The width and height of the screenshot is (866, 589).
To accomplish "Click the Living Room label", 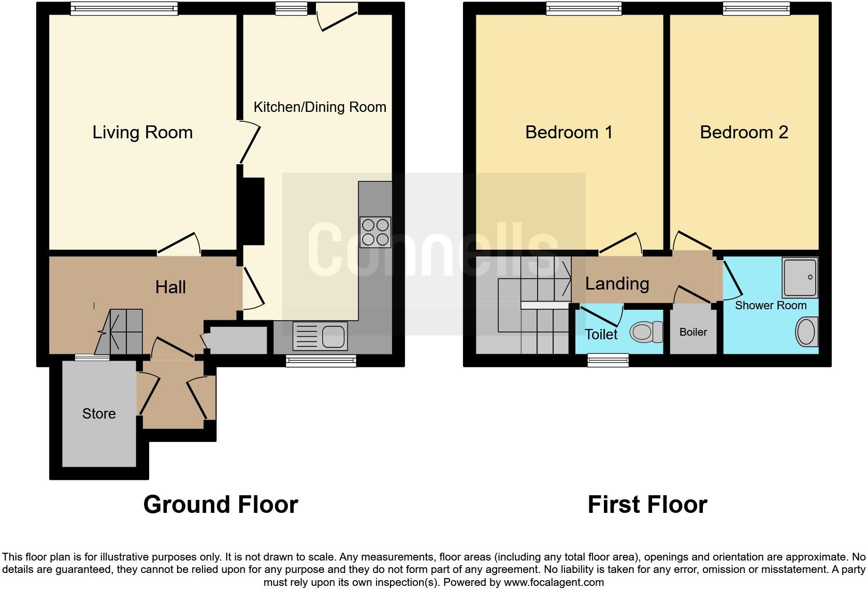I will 142,133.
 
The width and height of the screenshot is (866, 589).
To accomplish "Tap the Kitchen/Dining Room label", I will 320,107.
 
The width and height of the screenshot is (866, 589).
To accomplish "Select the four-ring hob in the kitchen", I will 375,232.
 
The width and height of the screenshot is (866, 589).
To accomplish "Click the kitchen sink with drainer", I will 320,336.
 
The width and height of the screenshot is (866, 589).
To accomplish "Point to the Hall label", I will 170,287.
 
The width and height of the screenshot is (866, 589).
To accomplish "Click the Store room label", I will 98,413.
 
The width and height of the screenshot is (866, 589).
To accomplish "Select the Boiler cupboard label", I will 693,332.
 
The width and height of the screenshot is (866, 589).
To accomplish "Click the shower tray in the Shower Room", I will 800,277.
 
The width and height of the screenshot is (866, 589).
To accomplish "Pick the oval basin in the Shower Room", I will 806,332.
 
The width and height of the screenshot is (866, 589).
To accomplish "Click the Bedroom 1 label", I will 569,133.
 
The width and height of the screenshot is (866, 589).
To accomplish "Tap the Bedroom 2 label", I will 744,133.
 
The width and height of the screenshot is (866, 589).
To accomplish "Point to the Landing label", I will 617,283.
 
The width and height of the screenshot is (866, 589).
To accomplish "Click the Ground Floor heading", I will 221,504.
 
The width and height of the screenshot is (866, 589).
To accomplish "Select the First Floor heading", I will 647,504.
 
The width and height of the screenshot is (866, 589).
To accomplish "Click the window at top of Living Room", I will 124,8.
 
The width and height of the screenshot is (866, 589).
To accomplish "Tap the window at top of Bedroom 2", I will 757,8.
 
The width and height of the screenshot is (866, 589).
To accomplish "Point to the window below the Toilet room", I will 608,361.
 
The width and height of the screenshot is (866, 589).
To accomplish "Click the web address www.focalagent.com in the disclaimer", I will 554,582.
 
